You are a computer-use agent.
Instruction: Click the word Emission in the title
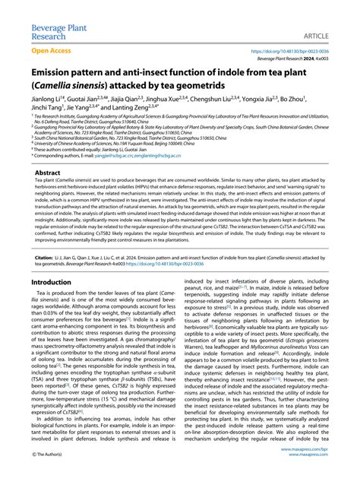coord(55,74)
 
